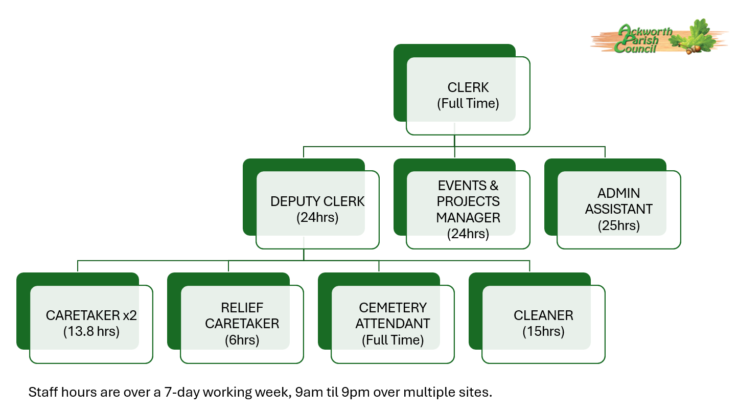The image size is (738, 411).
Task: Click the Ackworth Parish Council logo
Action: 659,37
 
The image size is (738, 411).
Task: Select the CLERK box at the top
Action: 468,95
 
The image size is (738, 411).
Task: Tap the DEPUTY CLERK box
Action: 317,209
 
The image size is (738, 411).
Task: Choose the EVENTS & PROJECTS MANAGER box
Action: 468,209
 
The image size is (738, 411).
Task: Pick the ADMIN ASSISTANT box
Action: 618,209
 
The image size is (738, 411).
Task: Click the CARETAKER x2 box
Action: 91,323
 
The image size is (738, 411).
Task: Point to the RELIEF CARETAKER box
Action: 242,323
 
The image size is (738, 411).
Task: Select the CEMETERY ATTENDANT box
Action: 393,323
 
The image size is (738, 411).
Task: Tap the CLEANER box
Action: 543,323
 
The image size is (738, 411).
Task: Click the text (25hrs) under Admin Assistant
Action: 618,225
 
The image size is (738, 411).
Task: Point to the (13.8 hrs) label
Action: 91,331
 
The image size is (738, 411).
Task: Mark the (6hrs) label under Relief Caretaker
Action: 242,340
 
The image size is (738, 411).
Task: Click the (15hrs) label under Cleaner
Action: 543,331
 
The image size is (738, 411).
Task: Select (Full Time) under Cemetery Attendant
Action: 393,340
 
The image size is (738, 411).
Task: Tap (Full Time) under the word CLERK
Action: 468,103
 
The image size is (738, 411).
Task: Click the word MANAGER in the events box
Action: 468,218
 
